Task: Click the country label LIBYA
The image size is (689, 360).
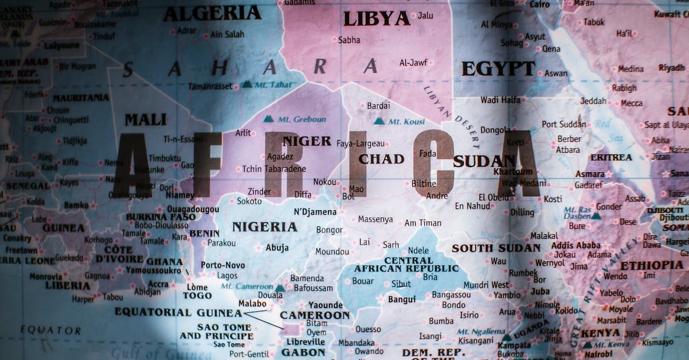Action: coord(377,19)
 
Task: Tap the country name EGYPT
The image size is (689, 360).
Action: coord(498,68)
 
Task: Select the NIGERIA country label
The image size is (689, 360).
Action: coord(265,227)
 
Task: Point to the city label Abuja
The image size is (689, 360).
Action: coord(277,248)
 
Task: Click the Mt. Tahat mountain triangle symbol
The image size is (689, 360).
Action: coord(246,84)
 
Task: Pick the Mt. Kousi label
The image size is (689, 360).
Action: coord(407,121)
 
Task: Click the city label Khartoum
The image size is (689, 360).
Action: coord(513,171)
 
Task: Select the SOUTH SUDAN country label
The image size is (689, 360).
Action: coord(496,248)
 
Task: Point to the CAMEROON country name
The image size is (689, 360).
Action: coord(315,315)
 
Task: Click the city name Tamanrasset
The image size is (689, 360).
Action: coord(210,86)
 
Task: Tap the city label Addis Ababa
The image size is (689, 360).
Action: coord(575,245)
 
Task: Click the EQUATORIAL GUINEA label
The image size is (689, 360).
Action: coord(178,312)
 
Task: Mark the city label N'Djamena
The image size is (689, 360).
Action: coord(315,212)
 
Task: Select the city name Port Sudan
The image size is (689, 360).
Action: coord(564,124)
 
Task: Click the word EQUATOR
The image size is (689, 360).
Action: coord(51,330)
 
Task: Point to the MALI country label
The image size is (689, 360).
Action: coord(146,120)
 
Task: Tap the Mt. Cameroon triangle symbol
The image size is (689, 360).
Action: coord(279,288)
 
